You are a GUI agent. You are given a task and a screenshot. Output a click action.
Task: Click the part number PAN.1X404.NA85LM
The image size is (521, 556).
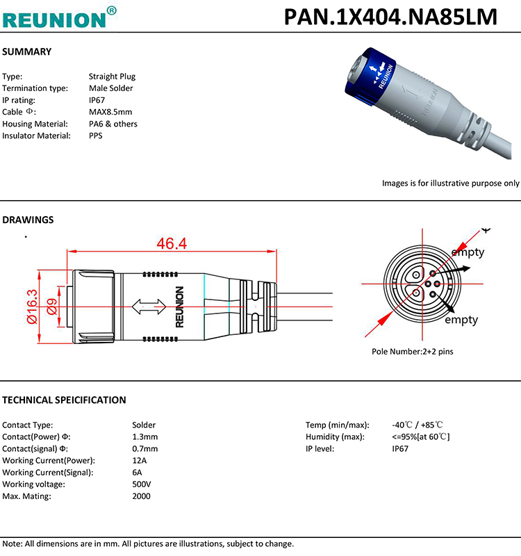tap(390, 17)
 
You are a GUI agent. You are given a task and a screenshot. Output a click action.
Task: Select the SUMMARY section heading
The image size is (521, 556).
tap(27, 52)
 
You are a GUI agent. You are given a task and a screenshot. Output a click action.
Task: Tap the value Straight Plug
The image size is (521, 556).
tap(112, 76)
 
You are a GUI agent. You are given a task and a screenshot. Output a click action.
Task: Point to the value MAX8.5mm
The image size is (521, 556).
tap(110, 112)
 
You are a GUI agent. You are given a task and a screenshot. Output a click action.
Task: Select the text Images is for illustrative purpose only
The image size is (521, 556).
tap(450, 183)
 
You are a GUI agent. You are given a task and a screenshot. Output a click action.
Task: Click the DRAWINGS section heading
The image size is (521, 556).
tap(28, 220)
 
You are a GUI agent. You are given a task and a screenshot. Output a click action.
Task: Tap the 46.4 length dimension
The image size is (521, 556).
tap(172, 244)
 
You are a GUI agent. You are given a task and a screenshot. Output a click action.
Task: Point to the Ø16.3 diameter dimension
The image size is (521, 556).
tap(32, 306)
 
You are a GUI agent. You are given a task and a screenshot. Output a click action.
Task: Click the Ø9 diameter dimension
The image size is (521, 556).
tap(51, 306)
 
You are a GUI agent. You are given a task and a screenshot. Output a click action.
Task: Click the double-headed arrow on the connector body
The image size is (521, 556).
tap(149, 305)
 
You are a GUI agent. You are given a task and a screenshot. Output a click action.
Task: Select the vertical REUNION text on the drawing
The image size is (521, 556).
tap(180, 306)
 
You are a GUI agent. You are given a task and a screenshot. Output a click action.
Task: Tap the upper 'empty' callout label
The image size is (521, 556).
tap(468, 252)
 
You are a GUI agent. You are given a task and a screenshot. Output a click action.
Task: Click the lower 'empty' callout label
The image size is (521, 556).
tap(461, 320)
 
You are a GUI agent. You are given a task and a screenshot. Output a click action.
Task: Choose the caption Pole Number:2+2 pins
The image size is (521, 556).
tap(412, 352)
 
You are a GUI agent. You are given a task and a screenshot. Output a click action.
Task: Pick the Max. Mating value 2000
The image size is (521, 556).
tap(141, 496)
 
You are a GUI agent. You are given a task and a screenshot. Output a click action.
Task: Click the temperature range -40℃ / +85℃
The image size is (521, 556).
tap(417, 425)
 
